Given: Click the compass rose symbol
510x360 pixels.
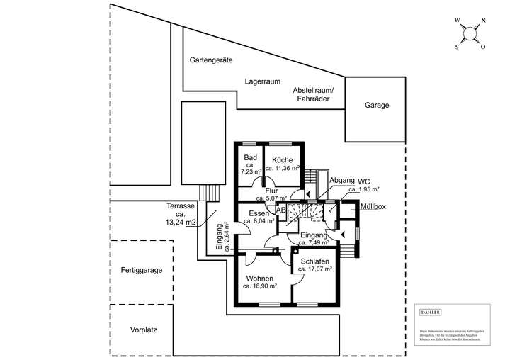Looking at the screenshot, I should coord(470,33).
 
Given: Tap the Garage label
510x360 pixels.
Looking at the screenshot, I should coord(377,105).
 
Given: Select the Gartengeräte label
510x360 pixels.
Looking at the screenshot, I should coord(211,60).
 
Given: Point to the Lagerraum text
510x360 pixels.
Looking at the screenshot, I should coord(263,81).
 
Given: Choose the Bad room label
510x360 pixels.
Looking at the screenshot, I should coord(250,157).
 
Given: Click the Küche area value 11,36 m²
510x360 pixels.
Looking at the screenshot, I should coord(282,169).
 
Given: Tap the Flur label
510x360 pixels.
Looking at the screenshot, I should coord(271,191).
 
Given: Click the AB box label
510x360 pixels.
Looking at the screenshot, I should coord(280,210).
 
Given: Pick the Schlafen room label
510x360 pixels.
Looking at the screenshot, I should coord(315,261).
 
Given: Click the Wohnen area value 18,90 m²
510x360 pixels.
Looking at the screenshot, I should coord(260,286).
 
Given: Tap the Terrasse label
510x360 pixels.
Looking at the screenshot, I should coord(180,206).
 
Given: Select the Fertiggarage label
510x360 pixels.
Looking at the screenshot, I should coord(142,271).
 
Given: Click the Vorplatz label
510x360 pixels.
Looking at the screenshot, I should coord(142,330).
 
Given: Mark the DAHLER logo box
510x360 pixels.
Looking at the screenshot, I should coord(430,313).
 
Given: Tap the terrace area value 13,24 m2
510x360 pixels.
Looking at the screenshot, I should coord(180,222).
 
